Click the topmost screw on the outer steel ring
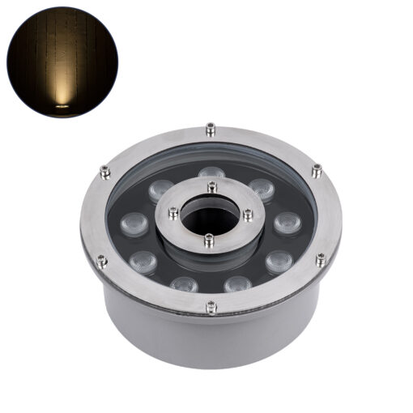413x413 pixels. pyautogui.click(x=211, y=128)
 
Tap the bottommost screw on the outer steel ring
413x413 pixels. pyautogui.click(x=211, y=306)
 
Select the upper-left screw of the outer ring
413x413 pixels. pyautogui.click(x=104, y=171)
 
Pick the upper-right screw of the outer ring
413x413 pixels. pyautogui.click(x=317, y=170)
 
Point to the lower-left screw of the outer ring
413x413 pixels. pyautogui.click(x=102, y=261)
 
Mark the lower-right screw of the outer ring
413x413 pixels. pyautogui.click(x=321, y=259)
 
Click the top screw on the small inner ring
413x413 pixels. pyautogui.click(x=211, y=187)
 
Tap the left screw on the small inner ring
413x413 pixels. pyautogui.click(x=172, y=213)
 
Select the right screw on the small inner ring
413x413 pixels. pyautogui.click(x=248, y=214)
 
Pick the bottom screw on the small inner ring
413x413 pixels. pyautogui.click(x=210, y=240)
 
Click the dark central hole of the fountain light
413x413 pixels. pyautogui.click(x=210, y=213)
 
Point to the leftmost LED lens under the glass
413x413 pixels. pyautogui.click(x=132, y=224)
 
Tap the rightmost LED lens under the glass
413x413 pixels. pyautogui.click(x=286, y=222)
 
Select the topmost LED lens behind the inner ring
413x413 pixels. pyautogui.click(x=211, y=173)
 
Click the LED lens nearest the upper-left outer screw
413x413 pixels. pyautogui.click(x=160, y=190)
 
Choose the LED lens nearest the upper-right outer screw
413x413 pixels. pyautogui.click(x=262, y=189)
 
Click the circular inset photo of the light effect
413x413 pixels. pyautogui.click(x=62, y=62)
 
